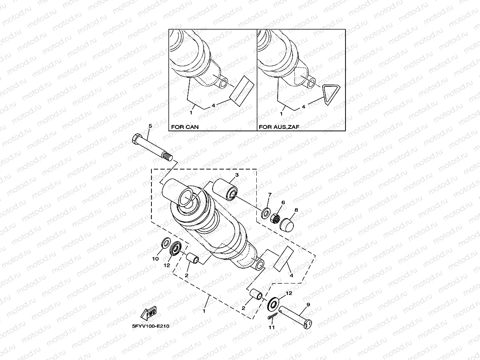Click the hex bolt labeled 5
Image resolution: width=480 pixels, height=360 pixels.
152,148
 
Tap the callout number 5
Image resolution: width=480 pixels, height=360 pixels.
150,126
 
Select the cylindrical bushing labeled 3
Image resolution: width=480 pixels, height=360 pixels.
225,189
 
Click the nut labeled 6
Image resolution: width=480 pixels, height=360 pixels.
276,217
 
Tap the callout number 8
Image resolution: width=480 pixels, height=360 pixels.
296,211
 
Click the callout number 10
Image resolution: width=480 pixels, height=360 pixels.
155,259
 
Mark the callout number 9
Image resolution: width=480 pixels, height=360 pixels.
308,304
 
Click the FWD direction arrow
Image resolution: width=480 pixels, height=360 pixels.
148,313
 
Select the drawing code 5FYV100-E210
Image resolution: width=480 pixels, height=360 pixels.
148,326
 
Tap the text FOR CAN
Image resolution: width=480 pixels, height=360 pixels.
185,127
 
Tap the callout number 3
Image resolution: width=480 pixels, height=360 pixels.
237,175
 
